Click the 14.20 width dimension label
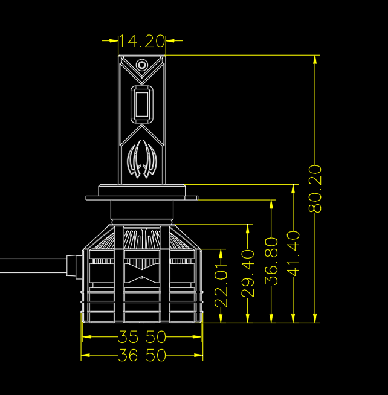click(x=141, y=41)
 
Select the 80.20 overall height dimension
click(x=315, y=188)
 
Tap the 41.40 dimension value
click(x=293, y=254)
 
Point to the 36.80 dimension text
click(x=271, y=261)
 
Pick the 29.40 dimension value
click(x=248, y=274)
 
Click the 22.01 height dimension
click(x=221, y=285)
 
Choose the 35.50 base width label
click(x=142, y=337)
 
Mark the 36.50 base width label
click(x=142, y=355)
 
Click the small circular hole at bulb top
click(x=141, y=65)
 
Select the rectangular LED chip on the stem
click(x=142, y=104)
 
